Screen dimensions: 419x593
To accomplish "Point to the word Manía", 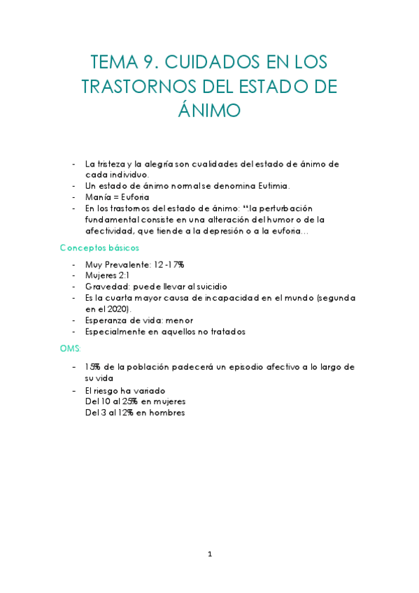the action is [x=97, y=197].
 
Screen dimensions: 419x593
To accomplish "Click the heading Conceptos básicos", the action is [x=99, y=248].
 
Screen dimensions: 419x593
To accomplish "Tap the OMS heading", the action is [x=71, y=348].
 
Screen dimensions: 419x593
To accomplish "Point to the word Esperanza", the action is [x=106, y=320].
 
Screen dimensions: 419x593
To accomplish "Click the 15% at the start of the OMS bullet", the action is [x=92, y=367].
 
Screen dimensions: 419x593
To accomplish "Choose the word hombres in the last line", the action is [x=165, y=413].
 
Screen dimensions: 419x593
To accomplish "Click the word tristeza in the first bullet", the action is [x=111, y=163].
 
